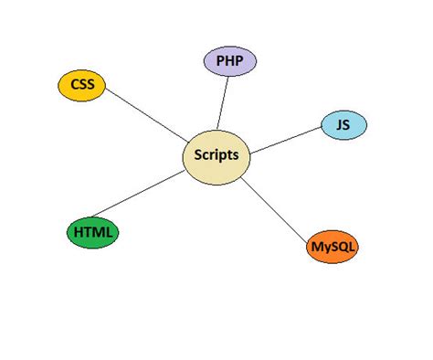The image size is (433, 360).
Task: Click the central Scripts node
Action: tap(216, 155)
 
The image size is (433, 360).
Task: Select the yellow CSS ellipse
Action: tap(82, 86)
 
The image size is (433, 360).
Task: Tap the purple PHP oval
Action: tap(229, 61)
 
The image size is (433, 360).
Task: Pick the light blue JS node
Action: tap(343, 125)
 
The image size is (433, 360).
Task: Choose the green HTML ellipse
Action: tap(93, 233)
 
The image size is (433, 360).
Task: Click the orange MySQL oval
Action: tap(333, 247)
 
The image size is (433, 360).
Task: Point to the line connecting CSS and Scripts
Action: tap(146, 118)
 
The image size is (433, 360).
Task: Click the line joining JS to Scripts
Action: tap(284, 138)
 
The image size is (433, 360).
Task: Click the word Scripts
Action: tap(216, 155)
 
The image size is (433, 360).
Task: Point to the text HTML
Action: tap(93, 233)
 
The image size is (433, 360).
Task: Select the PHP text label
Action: tap(229, 61)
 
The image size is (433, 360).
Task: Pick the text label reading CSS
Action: tap(82, 86)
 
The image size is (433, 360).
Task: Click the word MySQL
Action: tap(333, 247)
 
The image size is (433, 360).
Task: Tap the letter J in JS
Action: tap(339, 125)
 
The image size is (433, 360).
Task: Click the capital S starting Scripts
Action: tap(198, 155)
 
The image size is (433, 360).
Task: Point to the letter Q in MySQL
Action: tap(343, 248)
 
